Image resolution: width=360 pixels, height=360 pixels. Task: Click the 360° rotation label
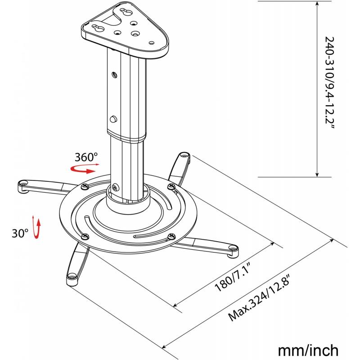(86, 157)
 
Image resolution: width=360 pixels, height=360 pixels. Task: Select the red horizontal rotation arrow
(84, 168)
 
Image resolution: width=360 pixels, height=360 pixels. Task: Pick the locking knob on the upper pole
(113, 119)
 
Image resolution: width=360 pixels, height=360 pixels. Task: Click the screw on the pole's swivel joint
(117, 188)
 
